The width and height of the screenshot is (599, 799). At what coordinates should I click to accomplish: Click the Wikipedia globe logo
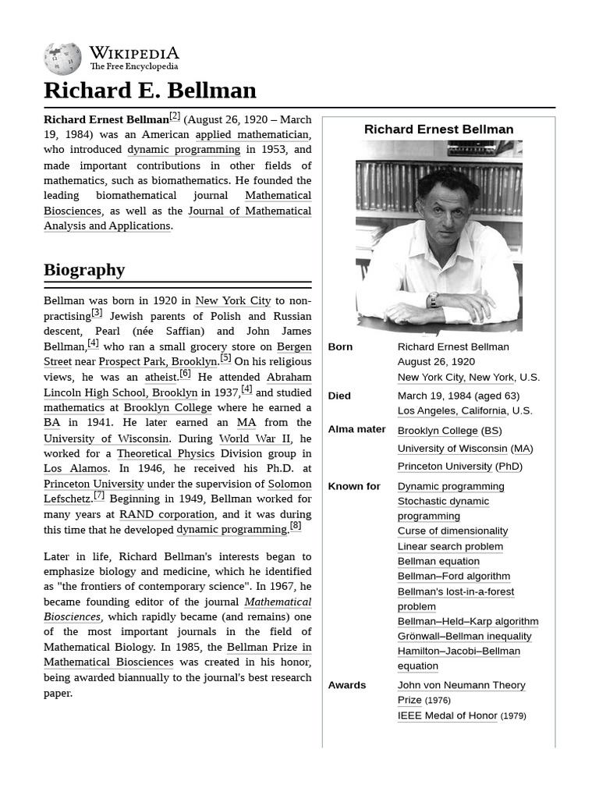[x=62, y=59]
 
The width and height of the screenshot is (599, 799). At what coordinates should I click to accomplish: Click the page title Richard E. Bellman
[x=150, y=91]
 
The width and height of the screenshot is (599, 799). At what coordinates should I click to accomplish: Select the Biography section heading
[x=84, y=270]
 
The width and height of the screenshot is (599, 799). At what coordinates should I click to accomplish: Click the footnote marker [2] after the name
[x=174, y=116]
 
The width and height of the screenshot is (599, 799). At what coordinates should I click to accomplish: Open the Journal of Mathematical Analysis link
[x=249, y=211]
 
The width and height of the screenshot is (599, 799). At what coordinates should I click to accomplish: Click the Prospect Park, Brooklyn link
[x=158, y=361]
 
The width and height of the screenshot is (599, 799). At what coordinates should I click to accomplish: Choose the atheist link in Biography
[x=161, y=377]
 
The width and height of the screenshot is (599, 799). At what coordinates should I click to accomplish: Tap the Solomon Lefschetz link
[x=289, y=484]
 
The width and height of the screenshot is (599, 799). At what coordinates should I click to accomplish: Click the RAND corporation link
[x=166, y=514]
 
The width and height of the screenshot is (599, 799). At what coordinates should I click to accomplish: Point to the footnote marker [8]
[x=295, y=526]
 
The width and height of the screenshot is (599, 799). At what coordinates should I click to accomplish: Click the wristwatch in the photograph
[x=433, y=300]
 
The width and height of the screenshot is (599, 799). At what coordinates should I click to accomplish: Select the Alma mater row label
[x=356, y=429]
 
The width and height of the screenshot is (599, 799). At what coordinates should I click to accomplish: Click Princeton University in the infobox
[x=445, y=466]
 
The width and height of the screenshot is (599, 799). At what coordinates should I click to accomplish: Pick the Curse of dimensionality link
[x=452, y=531]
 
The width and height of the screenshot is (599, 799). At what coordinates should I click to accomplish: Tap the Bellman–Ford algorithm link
[x=453, y=576]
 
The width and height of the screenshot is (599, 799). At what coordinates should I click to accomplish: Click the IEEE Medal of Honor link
[x=447, y=715]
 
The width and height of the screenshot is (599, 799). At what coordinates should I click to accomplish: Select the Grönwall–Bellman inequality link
[x=464, y=636]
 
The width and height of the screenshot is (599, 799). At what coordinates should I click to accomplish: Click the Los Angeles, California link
[x=452, y=410]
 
